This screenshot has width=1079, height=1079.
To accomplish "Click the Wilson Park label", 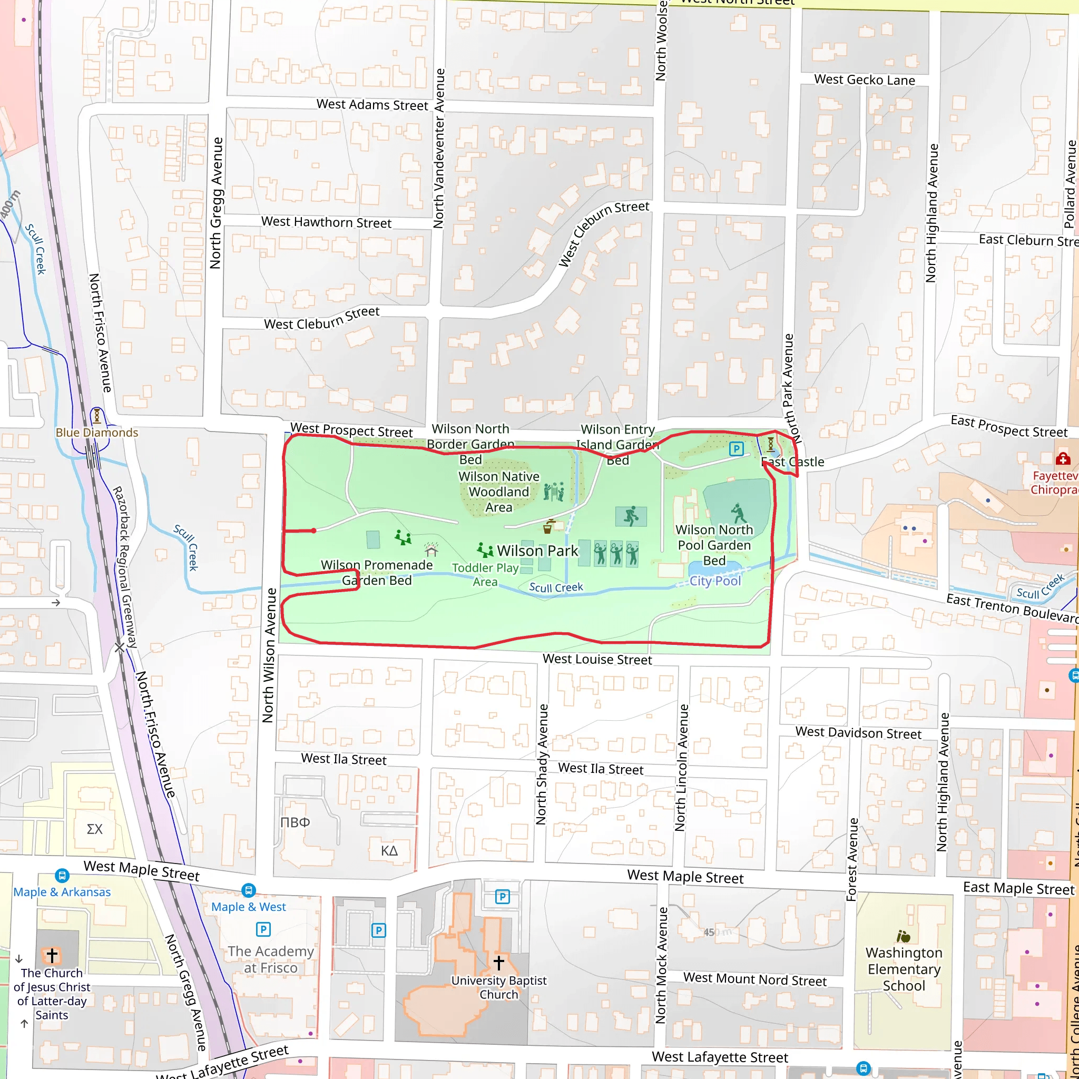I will [x=537, y=551].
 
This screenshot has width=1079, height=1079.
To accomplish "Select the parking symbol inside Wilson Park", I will [x=736, y=448].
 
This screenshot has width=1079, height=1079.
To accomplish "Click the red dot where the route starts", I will [x=314, y=531].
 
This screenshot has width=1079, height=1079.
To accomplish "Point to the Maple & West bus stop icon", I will [x=249, y=890].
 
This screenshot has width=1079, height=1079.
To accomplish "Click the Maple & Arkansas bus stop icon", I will [x=62, y=875].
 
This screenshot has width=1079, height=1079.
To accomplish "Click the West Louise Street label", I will [x=597, y=660].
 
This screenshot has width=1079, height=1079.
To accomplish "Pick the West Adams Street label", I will [x=372, y=104].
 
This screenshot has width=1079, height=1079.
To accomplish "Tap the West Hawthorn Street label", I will [x=326, y=222].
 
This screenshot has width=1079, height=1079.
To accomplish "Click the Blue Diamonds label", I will [x=96, y=433].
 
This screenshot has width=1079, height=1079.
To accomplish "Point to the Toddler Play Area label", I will [x=485, y=575].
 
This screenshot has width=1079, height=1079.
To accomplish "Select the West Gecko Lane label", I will [x=864, y=80].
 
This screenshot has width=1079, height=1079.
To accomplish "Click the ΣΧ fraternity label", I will [x=94, y=829].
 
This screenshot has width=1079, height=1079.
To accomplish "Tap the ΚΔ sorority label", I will [x=389, y=850].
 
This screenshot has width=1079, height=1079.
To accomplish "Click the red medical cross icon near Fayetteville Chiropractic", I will [x=1062, y=458].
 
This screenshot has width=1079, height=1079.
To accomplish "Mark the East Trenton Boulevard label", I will [x=1011, y=607].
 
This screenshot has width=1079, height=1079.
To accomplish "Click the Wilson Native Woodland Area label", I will [x=499, y=492].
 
